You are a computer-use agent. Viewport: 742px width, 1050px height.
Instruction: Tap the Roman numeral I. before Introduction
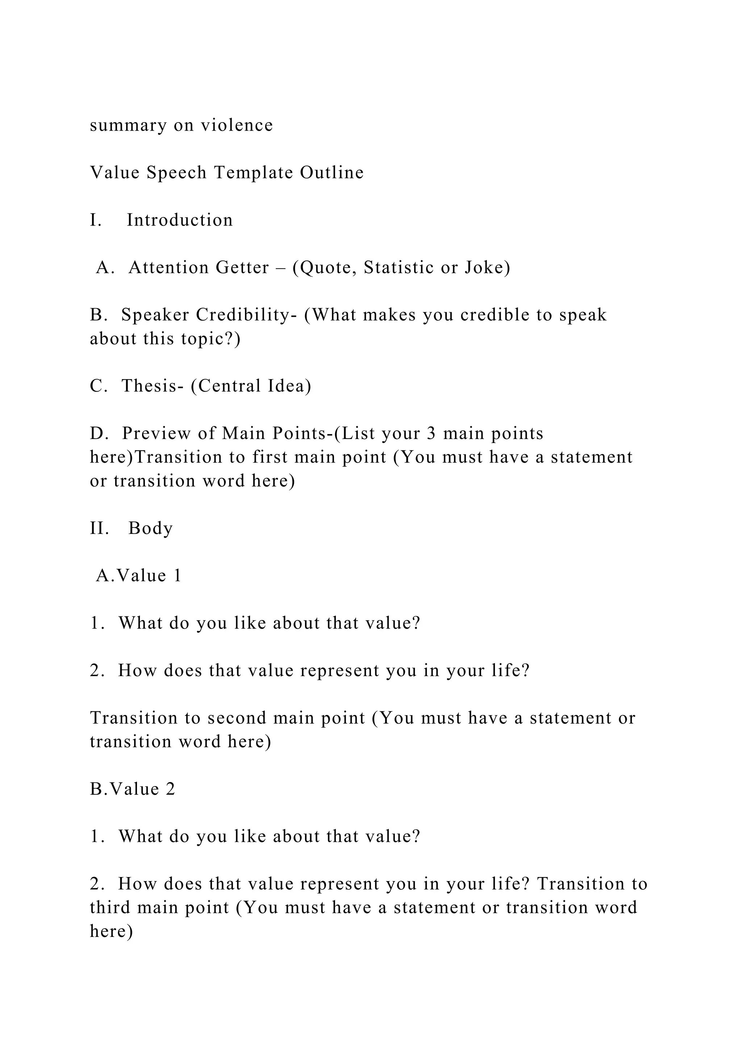[96, 220]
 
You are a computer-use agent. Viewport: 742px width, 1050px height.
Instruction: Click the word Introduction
[180, 220]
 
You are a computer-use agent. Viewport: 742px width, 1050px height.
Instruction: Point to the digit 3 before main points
[432, 434]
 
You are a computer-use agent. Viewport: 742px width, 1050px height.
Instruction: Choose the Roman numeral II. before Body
[99, 528]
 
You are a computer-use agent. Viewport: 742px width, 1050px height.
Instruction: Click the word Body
[150, 528]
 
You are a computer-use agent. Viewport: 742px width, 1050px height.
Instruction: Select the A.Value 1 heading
[138, 576]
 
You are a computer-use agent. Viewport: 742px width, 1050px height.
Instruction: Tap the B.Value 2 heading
[133, 789]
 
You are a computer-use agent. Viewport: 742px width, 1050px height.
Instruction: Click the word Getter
[242, 268]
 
